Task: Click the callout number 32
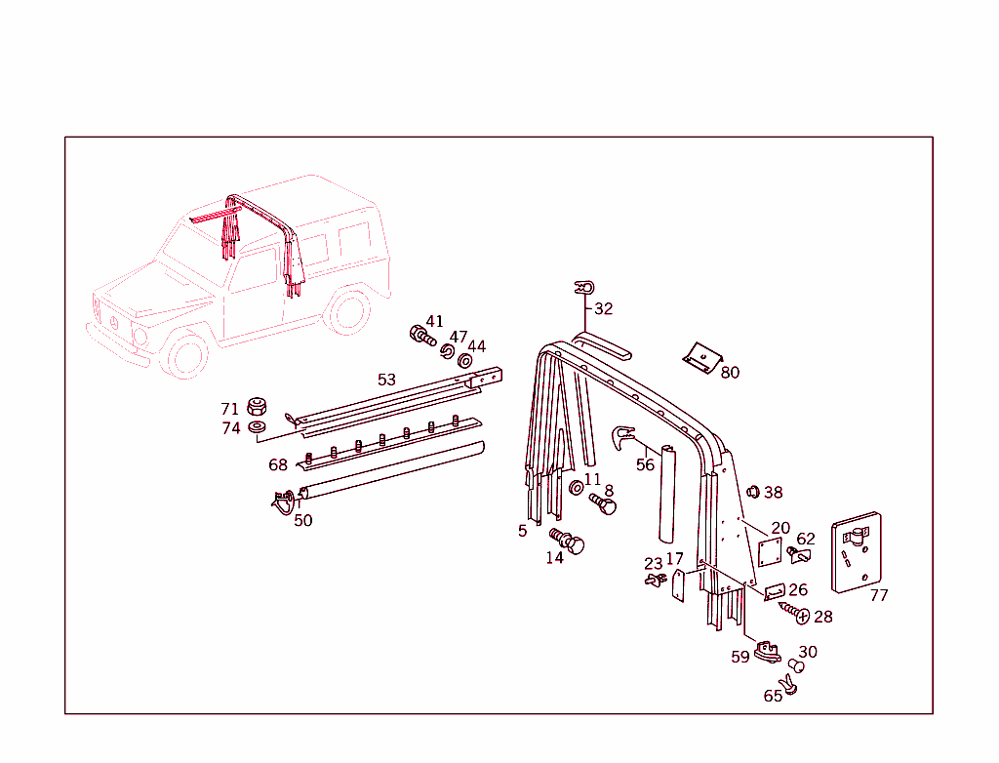604,308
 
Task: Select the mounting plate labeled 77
856,552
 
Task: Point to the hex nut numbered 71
258,406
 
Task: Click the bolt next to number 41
421,335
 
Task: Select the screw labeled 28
791,613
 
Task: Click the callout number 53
386,379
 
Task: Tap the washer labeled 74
258,427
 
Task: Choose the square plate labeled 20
772,551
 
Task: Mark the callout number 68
278,464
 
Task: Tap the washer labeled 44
465,361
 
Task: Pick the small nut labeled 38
752,491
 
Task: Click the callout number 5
522,530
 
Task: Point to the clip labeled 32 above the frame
584,287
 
